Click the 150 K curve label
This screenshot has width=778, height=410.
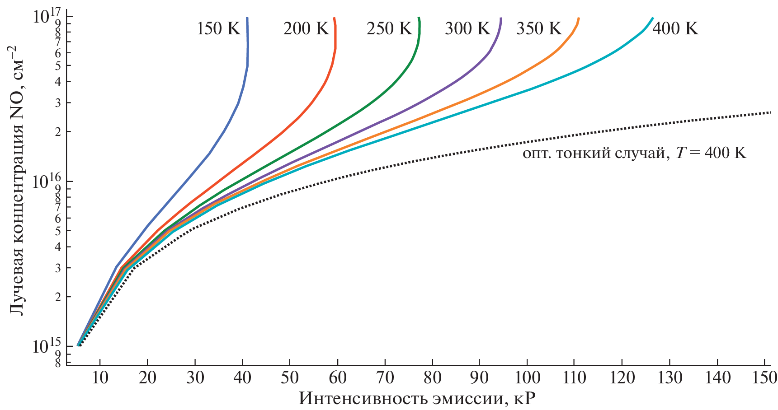click(218, 29)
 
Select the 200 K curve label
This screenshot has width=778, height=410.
click(306, 29)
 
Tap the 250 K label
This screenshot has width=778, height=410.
click(389, 29)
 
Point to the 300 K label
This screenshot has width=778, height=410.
click(467, 29)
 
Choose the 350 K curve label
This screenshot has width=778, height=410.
click(539, 29)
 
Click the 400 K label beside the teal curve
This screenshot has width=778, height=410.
click(675, 29)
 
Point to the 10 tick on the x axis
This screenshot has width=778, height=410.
click(100, 377)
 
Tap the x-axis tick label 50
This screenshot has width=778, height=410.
click(290, 377)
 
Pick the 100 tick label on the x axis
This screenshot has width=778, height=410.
click(527, 377)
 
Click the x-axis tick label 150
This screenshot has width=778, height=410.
click(764, 377)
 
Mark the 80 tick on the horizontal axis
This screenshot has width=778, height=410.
click(432, 377)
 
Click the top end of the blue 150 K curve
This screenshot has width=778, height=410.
click(247, 18)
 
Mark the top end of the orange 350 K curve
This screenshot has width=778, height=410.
click(579, 18)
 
